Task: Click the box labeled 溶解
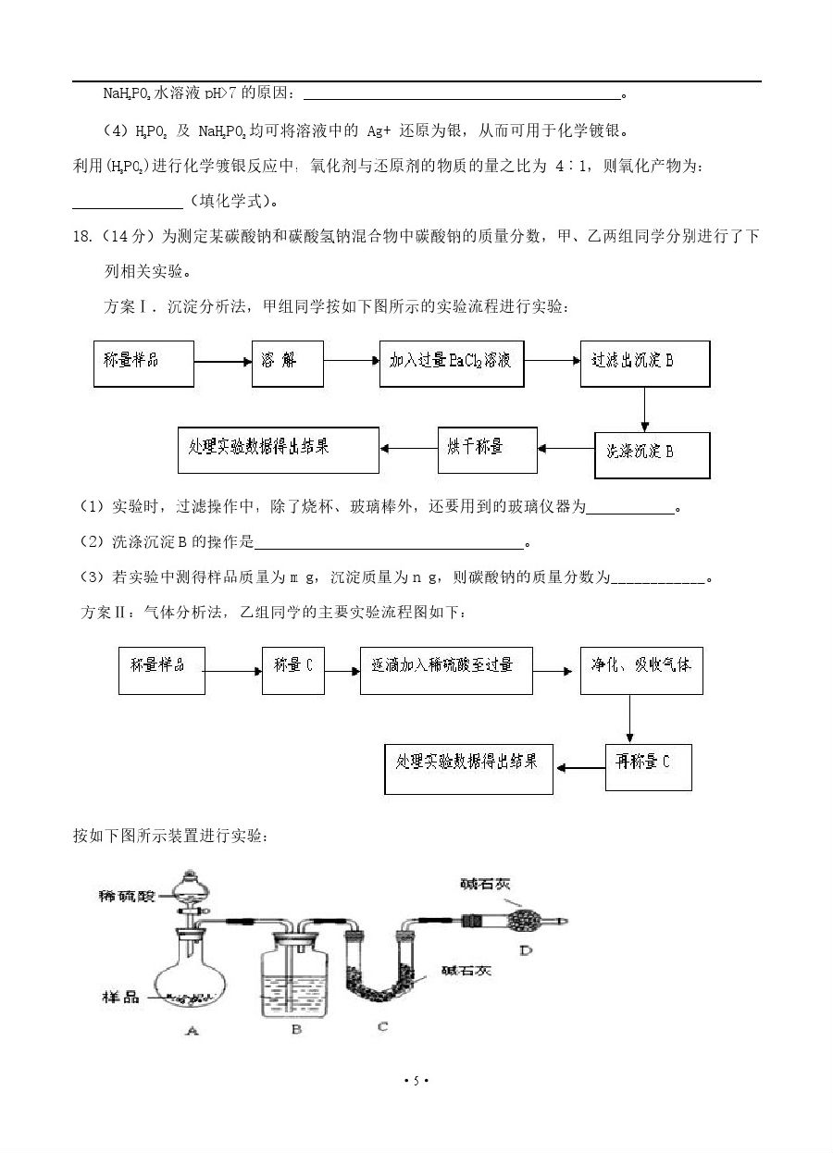(287, 363)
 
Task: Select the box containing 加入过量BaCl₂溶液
(451, 363)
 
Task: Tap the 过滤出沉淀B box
(645, 363)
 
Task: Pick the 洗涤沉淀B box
(652, 453)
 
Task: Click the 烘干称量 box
(487, 449)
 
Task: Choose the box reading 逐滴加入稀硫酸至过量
(446, 670)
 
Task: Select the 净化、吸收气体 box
(640, 670)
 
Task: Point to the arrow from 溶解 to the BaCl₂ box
(352, 363)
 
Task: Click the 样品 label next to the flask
(120, 997)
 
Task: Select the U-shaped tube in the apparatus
(381, 972)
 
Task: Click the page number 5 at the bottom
(416, 1081)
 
